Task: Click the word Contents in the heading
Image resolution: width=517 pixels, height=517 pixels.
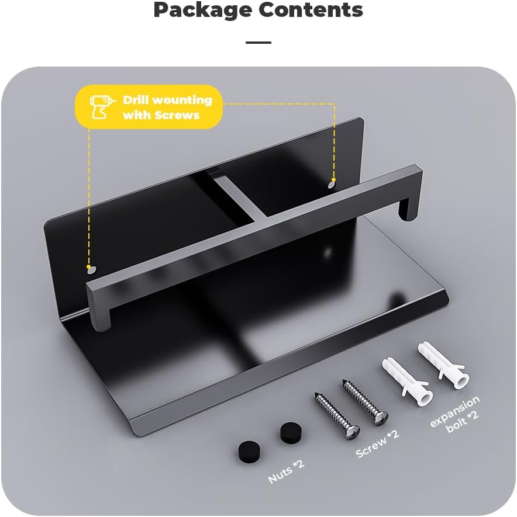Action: pyautogui.click(x=311, y=9)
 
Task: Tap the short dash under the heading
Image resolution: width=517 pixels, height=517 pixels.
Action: pyautogui.click(x=258, y=43)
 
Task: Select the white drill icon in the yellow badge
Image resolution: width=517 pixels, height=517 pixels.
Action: pyautogui.click(x=102, y=106)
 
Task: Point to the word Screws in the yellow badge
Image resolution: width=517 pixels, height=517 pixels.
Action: pyautogui.click(x=177, y=115)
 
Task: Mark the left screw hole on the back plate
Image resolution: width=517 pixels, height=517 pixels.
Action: pyautogui.click(x=91, y=270)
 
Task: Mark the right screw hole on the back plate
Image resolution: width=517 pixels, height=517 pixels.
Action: pyautogui.click(x=332, y=185)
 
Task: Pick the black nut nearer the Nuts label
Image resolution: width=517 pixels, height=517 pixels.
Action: pyautogui.click(x=249, y=451)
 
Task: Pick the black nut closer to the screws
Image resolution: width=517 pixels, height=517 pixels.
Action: pyautogui.click(x=291, y=432)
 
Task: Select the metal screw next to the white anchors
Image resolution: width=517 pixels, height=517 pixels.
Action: pyautogui.click(x=365, y=402)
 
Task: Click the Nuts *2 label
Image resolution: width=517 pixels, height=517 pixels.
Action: pyautogui.click(x=286, y=471)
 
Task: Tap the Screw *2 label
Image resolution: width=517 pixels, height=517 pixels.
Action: pyautogui.click(x=377, y=443)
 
